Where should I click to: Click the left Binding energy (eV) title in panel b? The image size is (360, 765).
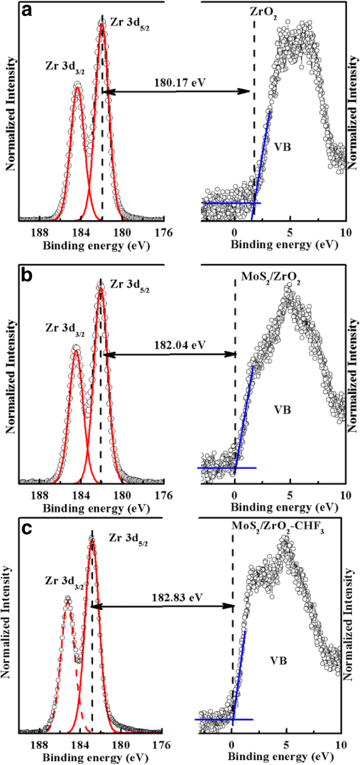(x=96, y=509)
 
